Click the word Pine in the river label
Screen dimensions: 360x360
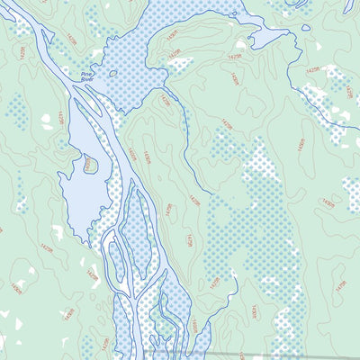point(87,74)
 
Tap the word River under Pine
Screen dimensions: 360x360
point(87,80)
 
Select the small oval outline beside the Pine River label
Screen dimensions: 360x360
point(113,73)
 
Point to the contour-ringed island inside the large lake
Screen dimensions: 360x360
point(90,165)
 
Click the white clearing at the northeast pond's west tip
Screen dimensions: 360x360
point(240,43)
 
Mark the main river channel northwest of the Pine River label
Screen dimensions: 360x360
point(45,45)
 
